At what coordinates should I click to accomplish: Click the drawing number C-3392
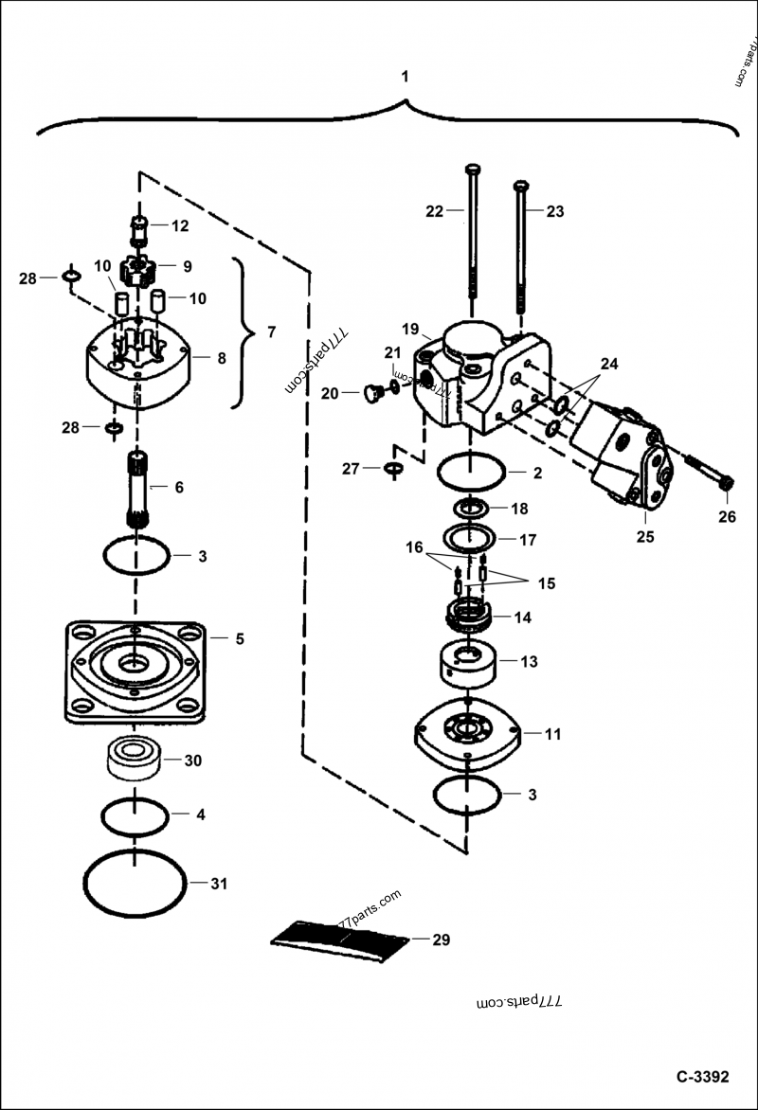click(702, 1077)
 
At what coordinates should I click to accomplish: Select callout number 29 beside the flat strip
click(440, 940)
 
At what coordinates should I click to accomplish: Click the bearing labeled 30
click(135, 760)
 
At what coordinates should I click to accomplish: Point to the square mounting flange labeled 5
click(135, 671)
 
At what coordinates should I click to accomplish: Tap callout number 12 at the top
click(180, 225)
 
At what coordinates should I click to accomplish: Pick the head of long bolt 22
click(474, 170)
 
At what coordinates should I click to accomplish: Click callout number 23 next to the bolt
click(554, 211)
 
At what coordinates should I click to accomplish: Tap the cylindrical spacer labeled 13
click(467, 661)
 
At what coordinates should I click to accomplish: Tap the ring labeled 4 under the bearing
click(136, 815)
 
